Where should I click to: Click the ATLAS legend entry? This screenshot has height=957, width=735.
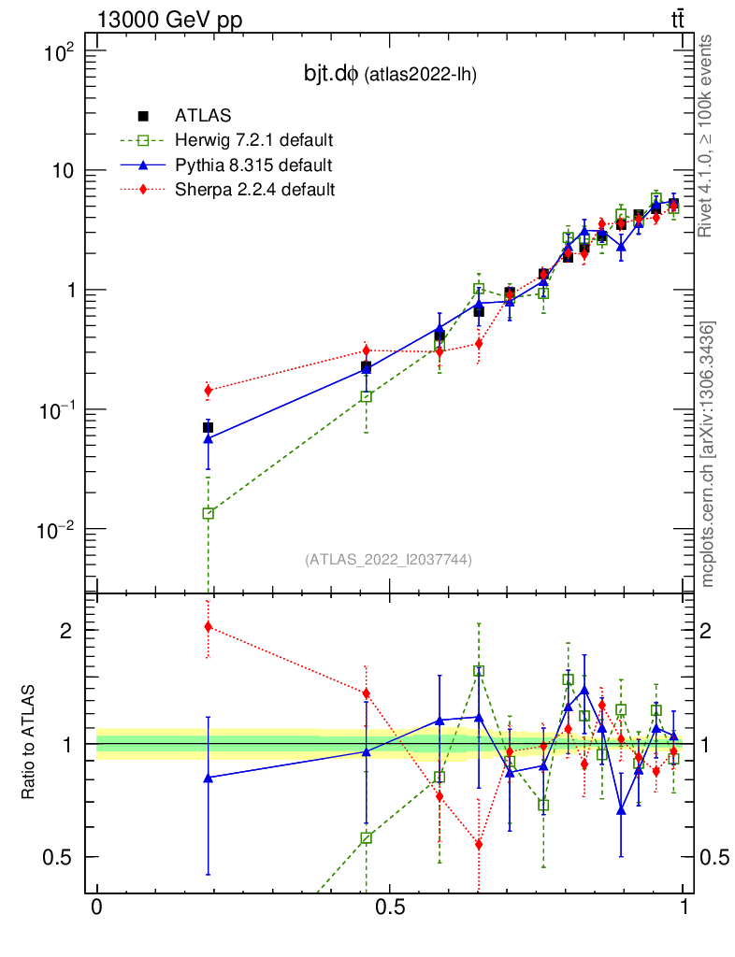(198, 117)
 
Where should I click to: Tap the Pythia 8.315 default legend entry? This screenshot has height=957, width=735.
(252, 165)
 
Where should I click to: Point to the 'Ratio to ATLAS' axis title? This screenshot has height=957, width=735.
(31, 744)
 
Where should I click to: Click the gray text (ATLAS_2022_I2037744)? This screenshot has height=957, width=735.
(388, 560)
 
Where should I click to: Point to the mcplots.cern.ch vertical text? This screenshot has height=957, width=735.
(708, 453)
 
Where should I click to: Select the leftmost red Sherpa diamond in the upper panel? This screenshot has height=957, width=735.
(208, 390)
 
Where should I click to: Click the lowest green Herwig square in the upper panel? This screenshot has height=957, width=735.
(208, 513)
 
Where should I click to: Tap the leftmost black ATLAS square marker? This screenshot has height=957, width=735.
(208, 427)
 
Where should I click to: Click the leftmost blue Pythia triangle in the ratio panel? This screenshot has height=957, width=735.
(208, 778)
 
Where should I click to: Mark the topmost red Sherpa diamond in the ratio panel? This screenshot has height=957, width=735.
(208, 626)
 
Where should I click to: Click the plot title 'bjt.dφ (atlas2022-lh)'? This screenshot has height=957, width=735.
(385, 76)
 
